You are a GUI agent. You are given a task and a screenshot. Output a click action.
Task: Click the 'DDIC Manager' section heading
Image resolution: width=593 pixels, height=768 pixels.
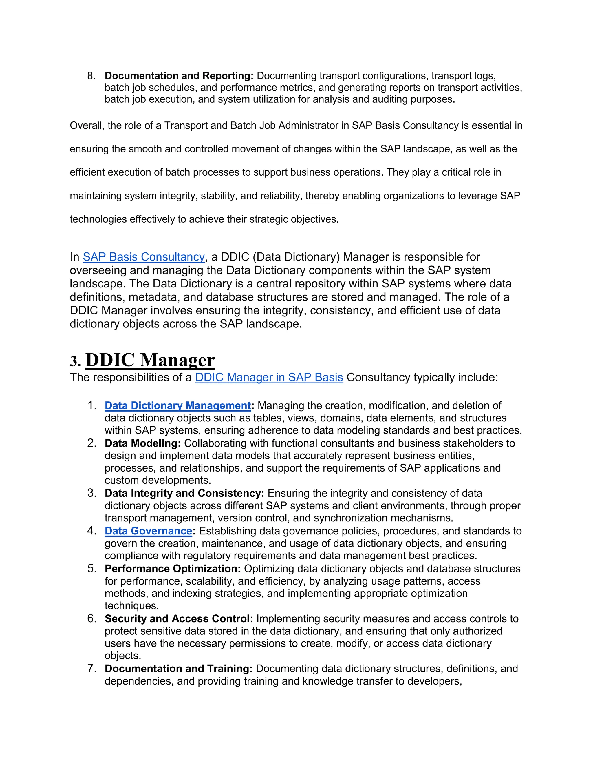(150, 360)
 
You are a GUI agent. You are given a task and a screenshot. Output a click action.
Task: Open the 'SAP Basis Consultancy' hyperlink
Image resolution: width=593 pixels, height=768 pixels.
(144, 257)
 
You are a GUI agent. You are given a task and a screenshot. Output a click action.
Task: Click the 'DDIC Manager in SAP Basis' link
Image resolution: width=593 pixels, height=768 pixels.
(269, 377)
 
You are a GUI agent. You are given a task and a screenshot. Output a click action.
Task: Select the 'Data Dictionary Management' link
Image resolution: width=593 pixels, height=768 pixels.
(177, 405)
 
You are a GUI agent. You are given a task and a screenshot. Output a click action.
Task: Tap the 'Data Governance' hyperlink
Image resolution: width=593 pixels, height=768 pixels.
(148, 531)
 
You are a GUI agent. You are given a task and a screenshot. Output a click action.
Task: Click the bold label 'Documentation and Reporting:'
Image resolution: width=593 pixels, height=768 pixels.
(179, 76)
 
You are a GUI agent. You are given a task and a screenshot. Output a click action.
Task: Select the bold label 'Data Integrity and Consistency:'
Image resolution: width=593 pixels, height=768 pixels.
(184, 493)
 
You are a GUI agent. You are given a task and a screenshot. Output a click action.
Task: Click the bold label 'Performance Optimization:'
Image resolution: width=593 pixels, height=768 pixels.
(173, 569)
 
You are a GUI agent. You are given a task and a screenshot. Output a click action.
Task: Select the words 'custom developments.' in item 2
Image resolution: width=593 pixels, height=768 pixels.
(158, 480)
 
